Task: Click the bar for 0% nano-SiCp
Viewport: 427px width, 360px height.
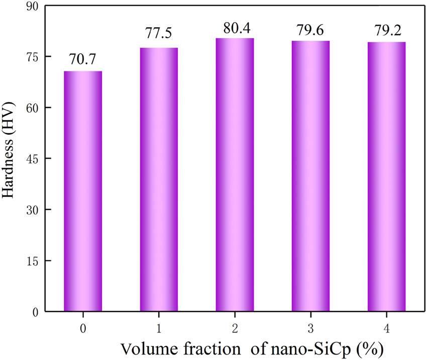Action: tap(83, 191)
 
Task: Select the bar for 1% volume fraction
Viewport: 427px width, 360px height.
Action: tap(159, 179)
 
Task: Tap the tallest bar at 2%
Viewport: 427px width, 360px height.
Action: tap(235, 174)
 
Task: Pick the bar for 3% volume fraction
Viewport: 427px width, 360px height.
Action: tap(310, 176)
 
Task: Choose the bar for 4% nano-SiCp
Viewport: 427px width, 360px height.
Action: tap(386, 176)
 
